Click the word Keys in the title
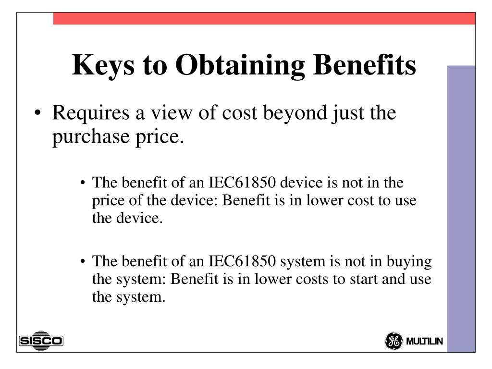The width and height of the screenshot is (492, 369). [103, 65]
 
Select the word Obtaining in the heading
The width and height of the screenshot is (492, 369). [240, 65]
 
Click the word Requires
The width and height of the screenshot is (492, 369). [91, 113]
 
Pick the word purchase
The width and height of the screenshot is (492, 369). [91, 137]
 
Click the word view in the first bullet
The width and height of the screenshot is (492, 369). [172, 113]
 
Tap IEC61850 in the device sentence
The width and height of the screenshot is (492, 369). [242, 183]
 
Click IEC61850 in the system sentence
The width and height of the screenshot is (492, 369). [242, 261]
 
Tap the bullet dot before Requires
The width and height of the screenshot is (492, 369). [37, 113]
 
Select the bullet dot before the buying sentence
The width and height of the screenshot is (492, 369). [83, 261]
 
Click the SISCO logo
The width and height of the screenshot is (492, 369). [41, 341]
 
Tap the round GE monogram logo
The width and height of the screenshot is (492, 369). [394, 341]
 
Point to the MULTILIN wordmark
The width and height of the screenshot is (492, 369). [424, 341]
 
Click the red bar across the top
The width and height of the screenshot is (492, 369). [264, 19]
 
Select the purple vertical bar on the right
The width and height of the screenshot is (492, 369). [461, 209]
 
